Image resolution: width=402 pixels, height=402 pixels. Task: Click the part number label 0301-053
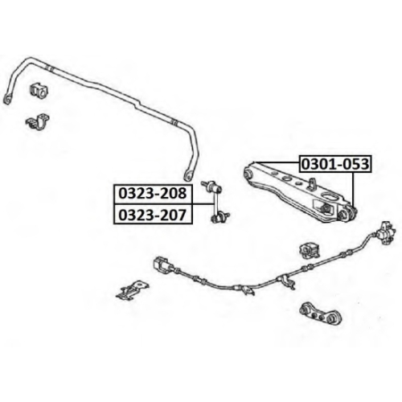pos(335,164)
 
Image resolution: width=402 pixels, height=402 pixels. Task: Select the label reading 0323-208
pos(153,194)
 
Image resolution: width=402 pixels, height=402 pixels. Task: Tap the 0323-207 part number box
pos(153,215)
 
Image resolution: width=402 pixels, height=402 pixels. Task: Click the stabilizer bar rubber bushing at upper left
pos(39,90)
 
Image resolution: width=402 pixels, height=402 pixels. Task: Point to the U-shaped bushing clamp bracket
pos(38,122)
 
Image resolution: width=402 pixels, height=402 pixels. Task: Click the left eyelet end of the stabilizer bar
pos(8,98)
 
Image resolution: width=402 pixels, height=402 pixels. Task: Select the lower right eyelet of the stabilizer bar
pos(188,174)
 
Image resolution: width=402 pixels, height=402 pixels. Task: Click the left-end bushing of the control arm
pos(248,174)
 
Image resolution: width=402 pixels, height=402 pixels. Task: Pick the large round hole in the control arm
pos(330,196)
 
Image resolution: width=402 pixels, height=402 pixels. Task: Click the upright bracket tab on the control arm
pos(312,183)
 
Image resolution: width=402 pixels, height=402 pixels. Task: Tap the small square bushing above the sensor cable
pos(308,251)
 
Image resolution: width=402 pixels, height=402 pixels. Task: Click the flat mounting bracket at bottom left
pos(130,291)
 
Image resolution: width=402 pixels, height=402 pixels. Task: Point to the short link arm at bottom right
pos(321,314)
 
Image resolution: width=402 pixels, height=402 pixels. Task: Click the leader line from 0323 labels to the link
pos(203,204)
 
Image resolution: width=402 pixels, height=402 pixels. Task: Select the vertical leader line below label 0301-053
pos(354,191)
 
